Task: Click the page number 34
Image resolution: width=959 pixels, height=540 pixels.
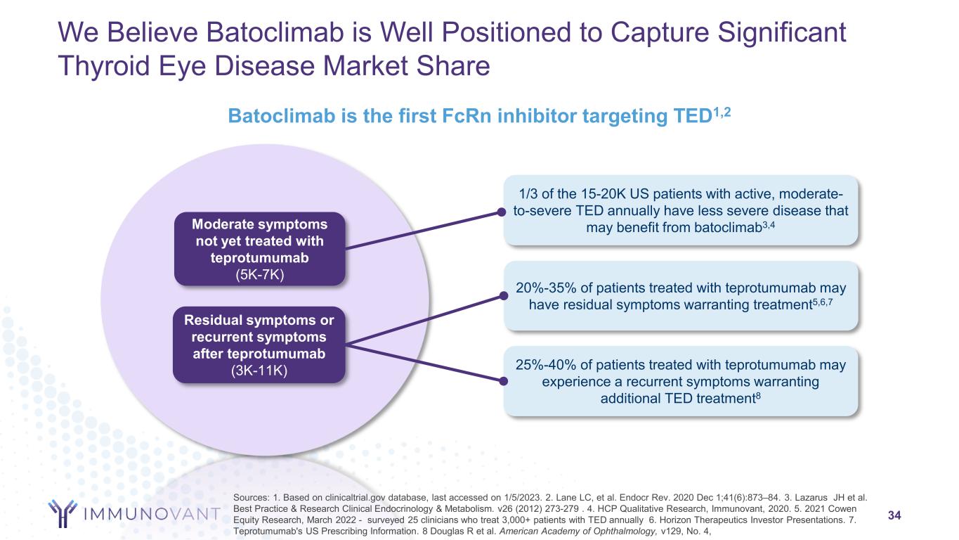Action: tap(894, 515)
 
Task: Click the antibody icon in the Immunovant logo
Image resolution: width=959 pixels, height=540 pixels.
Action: tap(63, 513)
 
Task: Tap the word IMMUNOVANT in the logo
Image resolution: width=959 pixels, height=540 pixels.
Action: tap(152, 514)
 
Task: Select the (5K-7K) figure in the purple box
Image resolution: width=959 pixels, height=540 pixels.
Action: tap(260, 274)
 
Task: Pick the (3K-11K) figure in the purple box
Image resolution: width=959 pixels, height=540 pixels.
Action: tap(259, 371)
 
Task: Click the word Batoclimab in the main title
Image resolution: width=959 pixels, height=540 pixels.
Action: tap(275, 32)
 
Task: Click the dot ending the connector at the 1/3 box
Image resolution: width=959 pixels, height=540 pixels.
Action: tap(502, 212)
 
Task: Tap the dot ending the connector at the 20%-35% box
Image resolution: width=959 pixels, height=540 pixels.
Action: tap(504, 296)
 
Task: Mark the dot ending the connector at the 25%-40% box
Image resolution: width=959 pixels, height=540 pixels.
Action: tap(504, 381)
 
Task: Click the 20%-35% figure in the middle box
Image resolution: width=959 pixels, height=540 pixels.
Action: tap(546, 288)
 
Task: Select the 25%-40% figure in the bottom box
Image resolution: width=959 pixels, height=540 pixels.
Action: tap(546, 365)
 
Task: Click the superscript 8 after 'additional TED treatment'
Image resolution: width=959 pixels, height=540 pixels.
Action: tap(758, 395)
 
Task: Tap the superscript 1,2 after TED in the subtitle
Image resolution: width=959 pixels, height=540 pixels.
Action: tap(722, 112)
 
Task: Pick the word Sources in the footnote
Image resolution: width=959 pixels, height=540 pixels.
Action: tap(251, 498)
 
